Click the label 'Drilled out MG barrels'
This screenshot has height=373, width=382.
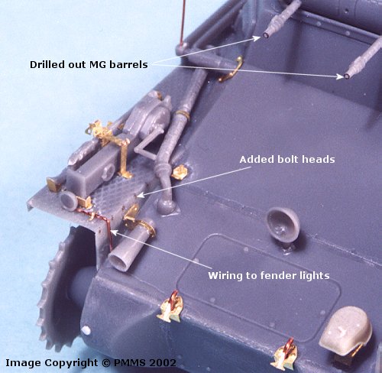point(89,65)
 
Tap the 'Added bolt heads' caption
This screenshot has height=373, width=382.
point(287,160)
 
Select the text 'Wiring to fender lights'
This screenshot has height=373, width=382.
point(269,276)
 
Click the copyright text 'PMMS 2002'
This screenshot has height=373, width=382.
point(145,363)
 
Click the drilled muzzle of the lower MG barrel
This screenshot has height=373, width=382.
point(347,76)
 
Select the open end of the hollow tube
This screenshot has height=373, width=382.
point(118,261)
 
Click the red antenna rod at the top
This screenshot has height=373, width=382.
point(182,21)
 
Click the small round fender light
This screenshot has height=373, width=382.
point(69,201)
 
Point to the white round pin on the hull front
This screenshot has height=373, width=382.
point(86,330)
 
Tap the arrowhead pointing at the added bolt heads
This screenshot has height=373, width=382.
point(140,196)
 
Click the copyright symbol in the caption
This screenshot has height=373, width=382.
point(106,363)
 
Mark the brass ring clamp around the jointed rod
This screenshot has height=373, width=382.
point(183,115)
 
